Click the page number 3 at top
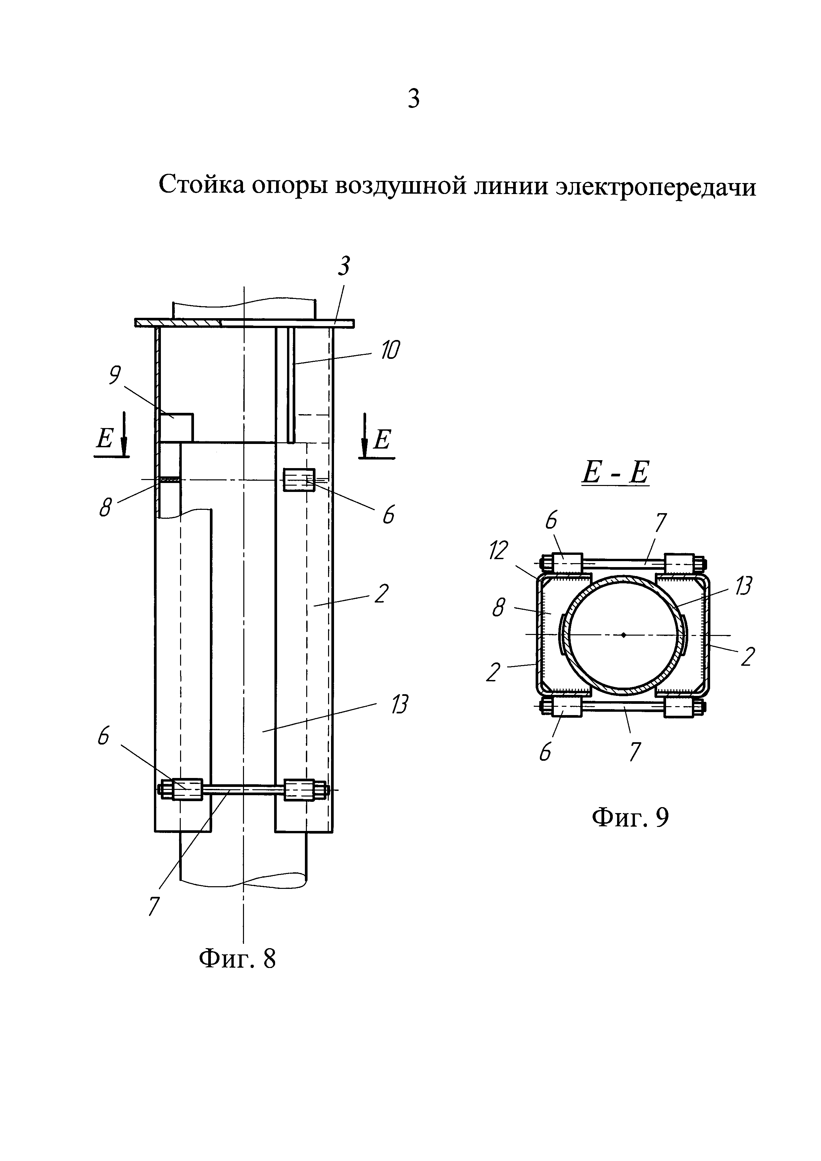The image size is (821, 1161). [x=413, y=99]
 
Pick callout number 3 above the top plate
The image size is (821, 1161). [x=344, y=266]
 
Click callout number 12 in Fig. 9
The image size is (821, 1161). [x=499, y=551]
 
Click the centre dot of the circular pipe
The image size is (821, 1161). [x=624, y=635]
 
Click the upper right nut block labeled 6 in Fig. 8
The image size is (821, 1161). [x=299, y=480]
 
